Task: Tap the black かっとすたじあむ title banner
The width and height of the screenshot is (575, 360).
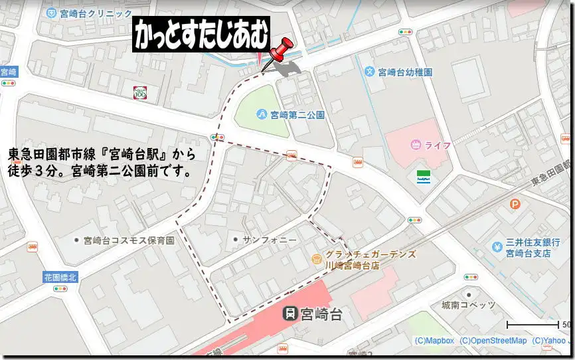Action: (203, 35)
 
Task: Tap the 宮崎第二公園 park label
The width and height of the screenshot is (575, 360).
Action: (297, 114)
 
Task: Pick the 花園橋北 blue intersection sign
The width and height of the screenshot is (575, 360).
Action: (60, 277)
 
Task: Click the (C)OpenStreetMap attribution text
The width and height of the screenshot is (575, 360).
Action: (493, 341)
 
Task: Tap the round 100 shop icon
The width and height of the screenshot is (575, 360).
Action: (139, 92)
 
